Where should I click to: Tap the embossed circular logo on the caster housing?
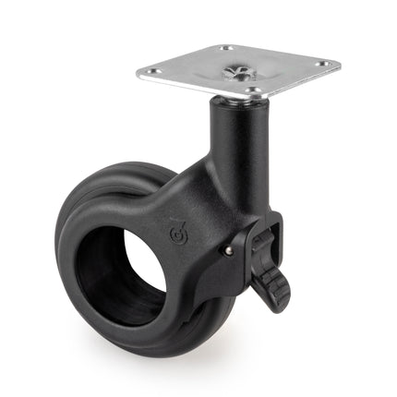coord(179,227)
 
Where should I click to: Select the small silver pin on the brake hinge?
coord(227,247)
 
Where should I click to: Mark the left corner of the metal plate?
coord(140,72)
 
